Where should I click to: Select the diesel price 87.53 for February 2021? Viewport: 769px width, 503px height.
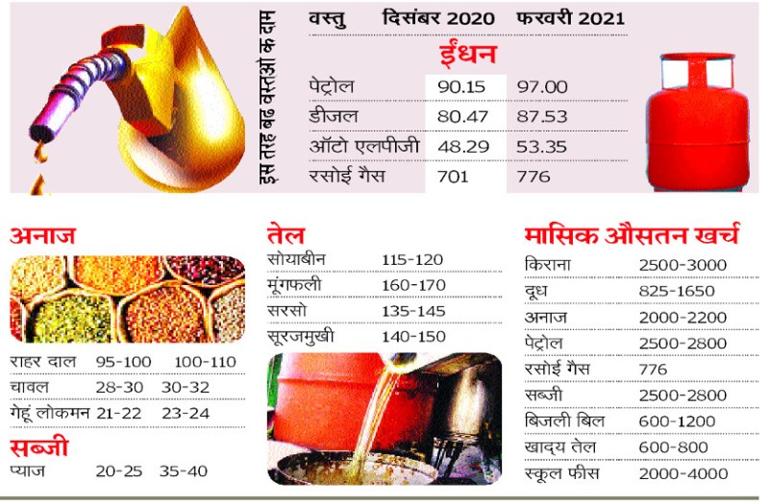tap(543, 117)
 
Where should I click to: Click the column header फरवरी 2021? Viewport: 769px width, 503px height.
tap(570, 18)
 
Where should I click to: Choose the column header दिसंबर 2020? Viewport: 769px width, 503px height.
tap(438, 18)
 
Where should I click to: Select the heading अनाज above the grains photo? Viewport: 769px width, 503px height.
tap(43, 236)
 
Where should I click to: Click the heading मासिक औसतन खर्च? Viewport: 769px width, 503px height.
tap(632, 234)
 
